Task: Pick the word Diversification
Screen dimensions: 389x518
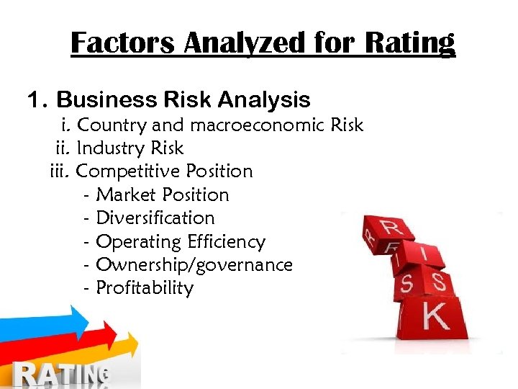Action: [x=155, y=218]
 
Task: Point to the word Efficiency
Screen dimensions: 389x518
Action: [x=224, y=241]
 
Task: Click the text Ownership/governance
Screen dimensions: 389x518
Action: [x=194, y=265]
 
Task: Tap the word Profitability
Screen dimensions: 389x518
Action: [x=145, y=288]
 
